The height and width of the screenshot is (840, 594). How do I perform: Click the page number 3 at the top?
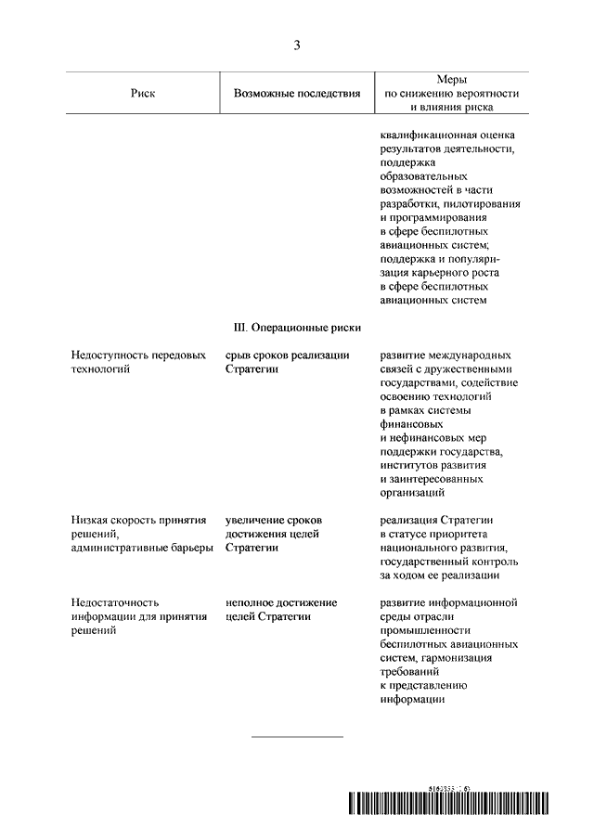tap(297, 45)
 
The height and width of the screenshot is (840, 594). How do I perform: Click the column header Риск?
tap(145, 94)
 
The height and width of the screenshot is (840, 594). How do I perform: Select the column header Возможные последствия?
tap(297, 94)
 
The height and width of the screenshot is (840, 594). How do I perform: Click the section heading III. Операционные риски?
tap(297, 328)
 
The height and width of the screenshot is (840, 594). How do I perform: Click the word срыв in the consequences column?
tap(239, 355)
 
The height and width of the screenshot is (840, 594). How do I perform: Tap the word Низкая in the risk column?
tap(89, 522)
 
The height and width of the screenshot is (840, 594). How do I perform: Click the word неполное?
tap(250, 602)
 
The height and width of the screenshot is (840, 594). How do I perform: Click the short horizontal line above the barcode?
tap(297, 737)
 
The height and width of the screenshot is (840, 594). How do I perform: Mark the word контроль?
tap(497, 562)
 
